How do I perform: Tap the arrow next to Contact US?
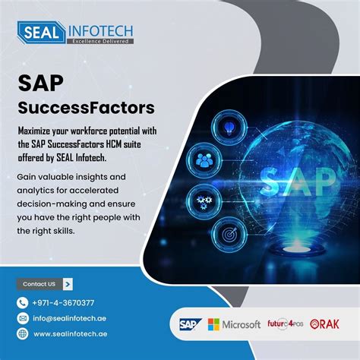(x=68, y=284)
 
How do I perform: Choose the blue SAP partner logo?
(x=187, y=324)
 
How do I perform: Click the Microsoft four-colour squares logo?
(x=213, y=324)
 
